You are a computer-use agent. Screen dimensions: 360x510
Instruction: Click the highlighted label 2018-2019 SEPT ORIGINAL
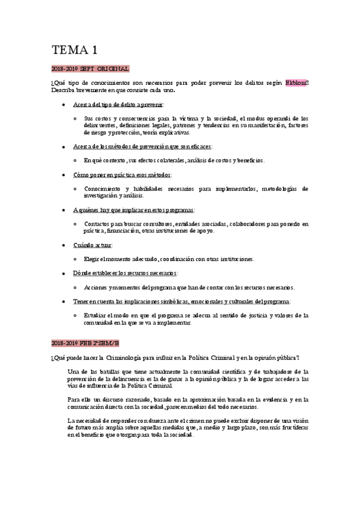point(91,69)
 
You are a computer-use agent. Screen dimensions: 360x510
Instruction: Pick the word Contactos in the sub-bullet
point(99,224)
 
